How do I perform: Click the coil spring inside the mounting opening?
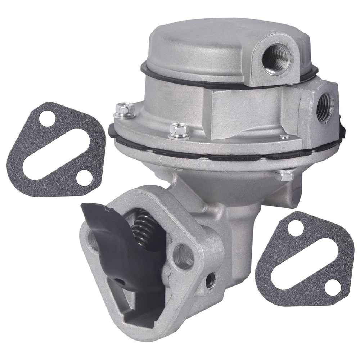(143, 228)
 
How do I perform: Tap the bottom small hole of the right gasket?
(332, 287)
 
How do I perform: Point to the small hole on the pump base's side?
(210, 279)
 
